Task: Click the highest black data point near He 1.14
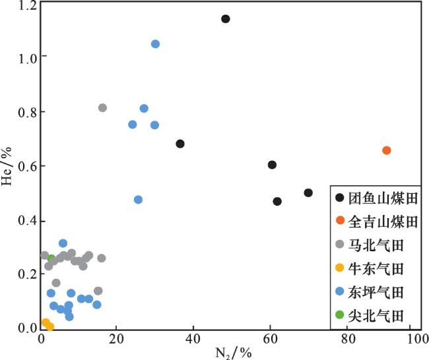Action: pos(225,18)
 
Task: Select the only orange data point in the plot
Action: pos(387,150)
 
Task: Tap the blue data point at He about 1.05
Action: pos(155,44)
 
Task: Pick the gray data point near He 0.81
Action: pos(102,107)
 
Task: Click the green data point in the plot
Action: pos(51,258)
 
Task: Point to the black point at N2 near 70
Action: pos(308,193)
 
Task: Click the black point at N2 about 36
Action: pos(180,144)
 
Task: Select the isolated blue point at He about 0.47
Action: pos(138,200)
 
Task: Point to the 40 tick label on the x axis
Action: pos(192,340)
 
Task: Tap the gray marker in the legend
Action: pos(339,245)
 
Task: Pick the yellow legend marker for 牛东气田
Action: pos(339,268)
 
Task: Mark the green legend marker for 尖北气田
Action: pos(339,315)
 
